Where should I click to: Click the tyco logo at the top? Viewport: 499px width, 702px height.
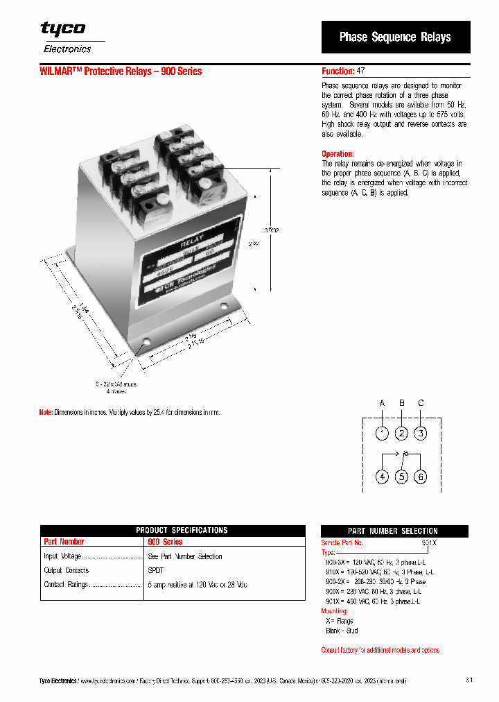(x=63, y=28)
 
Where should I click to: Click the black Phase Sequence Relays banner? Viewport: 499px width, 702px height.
(x=395, y=37)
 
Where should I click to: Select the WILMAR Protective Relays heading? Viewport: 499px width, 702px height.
(x=121, y=71)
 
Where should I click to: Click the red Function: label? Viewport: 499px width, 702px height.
(x=338, y=71)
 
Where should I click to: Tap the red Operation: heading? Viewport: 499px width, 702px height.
(x=338, y=154)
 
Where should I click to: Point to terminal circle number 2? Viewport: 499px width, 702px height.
(x=401, y=434)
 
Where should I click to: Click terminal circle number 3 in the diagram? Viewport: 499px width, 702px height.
(x=421, y=434)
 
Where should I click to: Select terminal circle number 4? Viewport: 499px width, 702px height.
(x=383, y=477)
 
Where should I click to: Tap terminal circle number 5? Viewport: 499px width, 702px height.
(x=401, y=477)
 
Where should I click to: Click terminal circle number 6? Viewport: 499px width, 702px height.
(x=421, y=477)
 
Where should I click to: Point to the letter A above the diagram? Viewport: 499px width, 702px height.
(x=382, y=403)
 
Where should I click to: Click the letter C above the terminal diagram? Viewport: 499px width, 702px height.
(x=421, y=403)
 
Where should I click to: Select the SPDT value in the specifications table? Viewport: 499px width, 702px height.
(x=156, y=571)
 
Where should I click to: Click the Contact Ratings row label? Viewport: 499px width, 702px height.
(x=66, y=585)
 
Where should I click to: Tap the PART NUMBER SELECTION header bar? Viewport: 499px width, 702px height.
(x=393, y=531)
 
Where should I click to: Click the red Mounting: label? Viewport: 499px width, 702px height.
(x=334, y=611)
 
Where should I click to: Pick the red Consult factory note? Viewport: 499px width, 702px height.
(x=380, y=651)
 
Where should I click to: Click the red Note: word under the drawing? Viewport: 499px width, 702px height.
(x=45, y=412)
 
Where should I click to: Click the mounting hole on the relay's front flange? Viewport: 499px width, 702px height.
(x=146, y=341)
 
